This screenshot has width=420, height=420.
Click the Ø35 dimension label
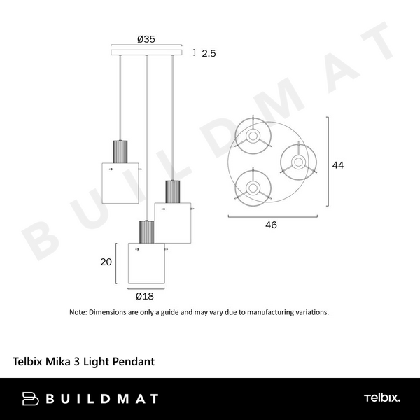[146, 39]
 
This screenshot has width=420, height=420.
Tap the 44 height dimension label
[338, 165]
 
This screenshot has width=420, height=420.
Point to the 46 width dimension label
[271, 225]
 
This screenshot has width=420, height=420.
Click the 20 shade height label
[106, 262]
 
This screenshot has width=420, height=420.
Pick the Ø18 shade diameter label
[146, 295]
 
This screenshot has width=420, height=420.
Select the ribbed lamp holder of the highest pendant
[120, 151]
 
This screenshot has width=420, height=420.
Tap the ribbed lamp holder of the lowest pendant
[146, 232]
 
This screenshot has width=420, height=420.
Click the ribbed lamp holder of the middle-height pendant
[172, 191]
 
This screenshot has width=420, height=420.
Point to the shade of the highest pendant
[120, 183]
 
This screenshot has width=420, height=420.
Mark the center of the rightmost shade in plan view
[298, 162]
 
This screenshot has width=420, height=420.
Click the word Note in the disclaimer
[78, 312]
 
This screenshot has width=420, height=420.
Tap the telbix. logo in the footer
[381, 398]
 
